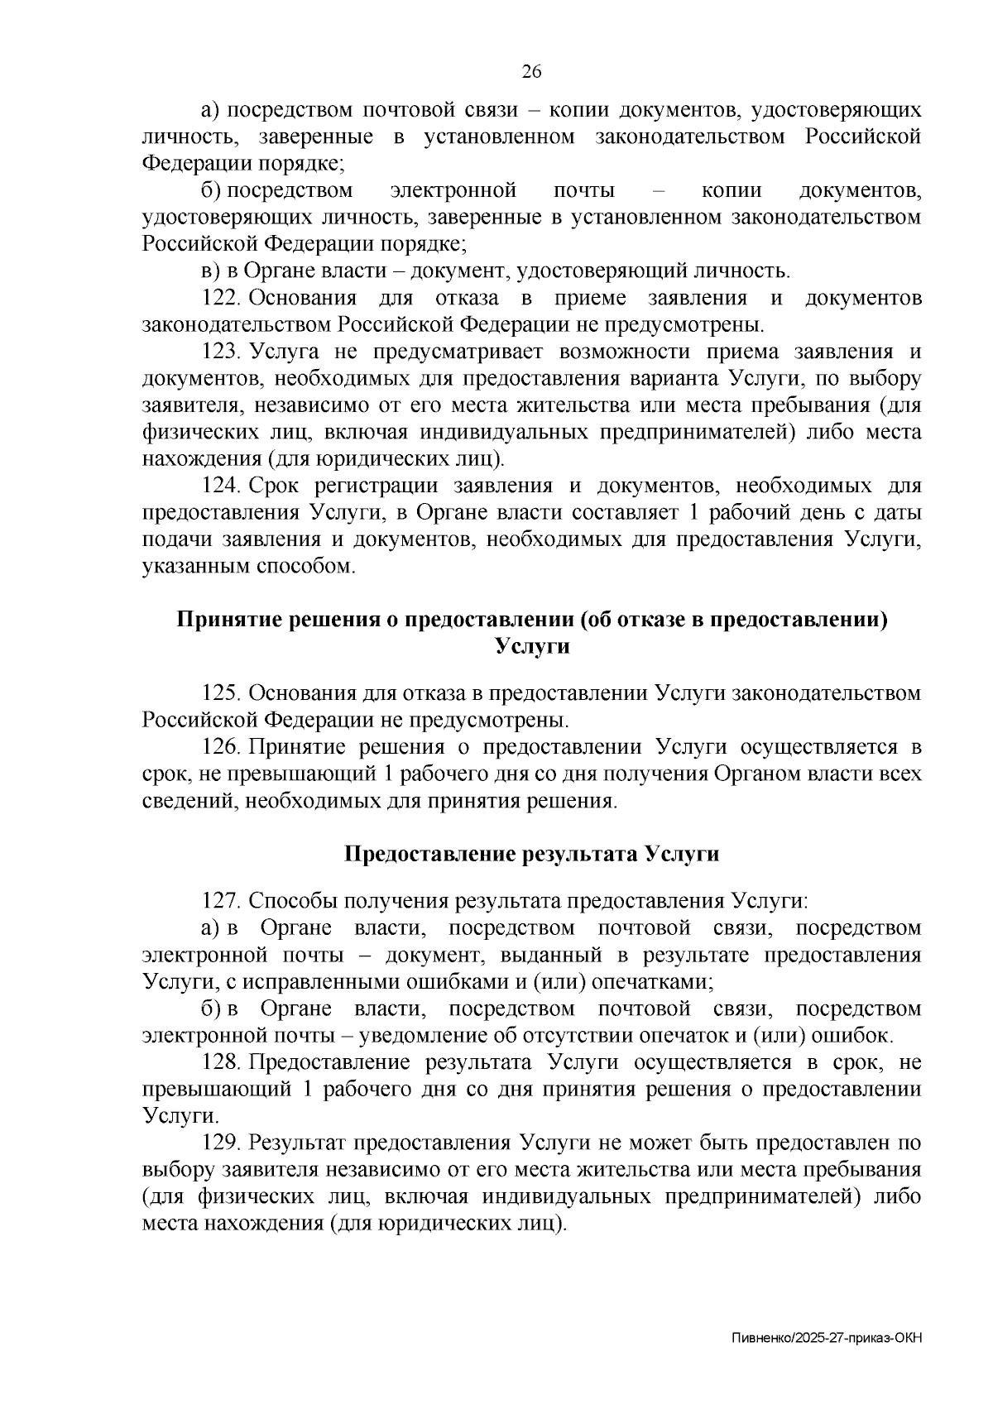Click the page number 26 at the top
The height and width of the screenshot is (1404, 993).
point(531,72)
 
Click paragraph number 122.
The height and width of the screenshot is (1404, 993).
point(221,298)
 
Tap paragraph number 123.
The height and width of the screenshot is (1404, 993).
point(221,352)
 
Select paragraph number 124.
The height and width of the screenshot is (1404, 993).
point(221,486)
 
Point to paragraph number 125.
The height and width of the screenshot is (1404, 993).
point(221,692)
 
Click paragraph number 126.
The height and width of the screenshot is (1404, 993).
point(221,747)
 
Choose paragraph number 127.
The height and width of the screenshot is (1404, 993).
point(221,901)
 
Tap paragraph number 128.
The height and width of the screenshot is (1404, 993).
point(221,1061)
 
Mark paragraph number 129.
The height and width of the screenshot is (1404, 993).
point(221,1143)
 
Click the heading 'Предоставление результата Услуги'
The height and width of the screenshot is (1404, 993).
point(531,854)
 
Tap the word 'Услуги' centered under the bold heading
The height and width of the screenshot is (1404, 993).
point(531,646)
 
